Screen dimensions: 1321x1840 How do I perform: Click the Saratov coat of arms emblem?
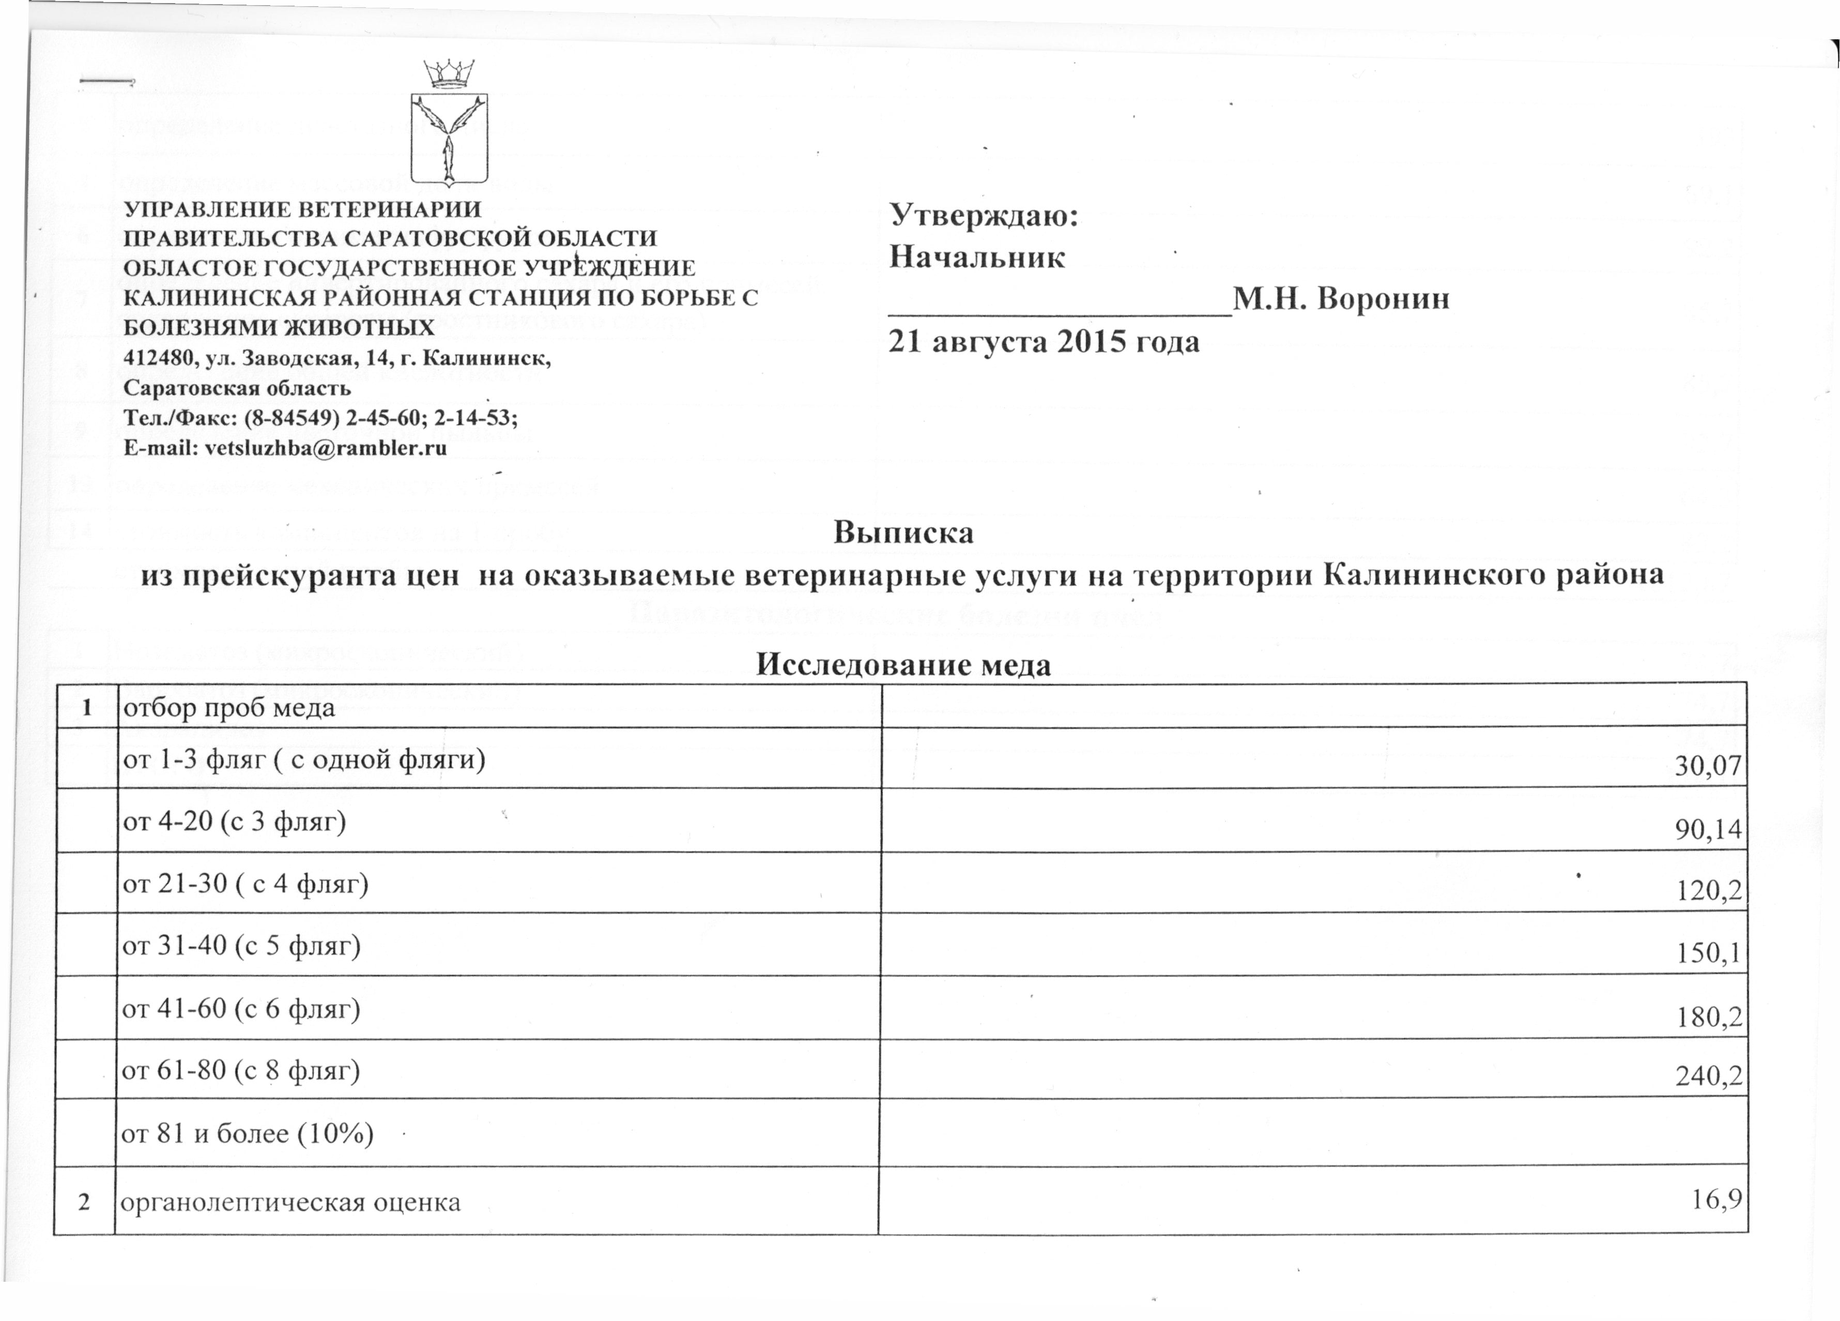(x=449, y=139)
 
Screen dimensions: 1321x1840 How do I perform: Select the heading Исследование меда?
(x=903, y=664)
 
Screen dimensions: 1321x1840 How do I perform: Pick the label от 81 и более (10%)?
(x=248, y=1133)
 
